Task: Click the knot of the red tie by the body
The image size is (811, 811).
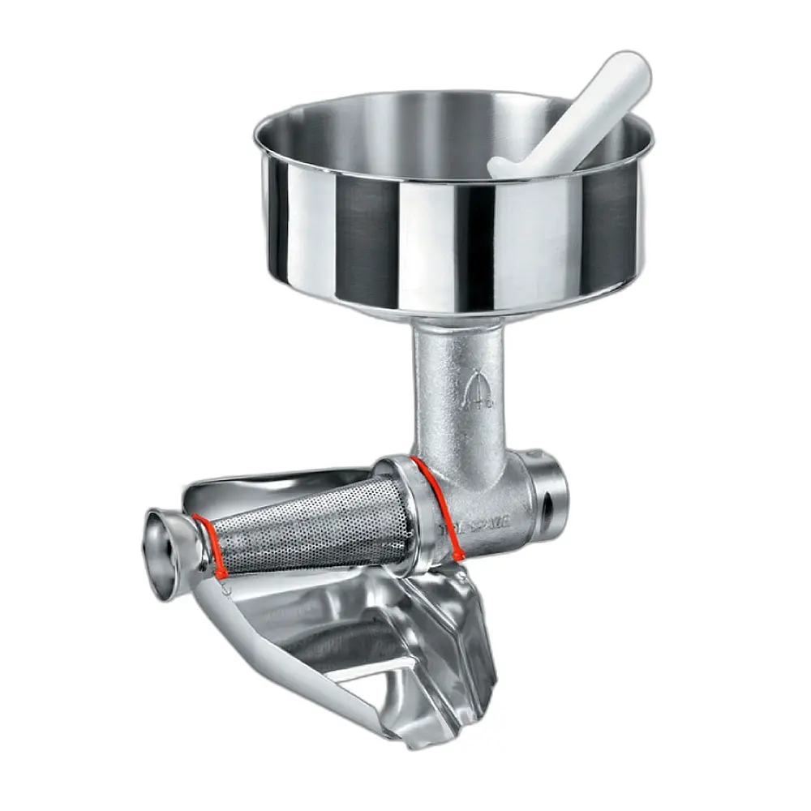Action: [459, 556]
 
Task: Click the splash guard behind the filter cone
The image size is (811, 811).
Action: [268, 487]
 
